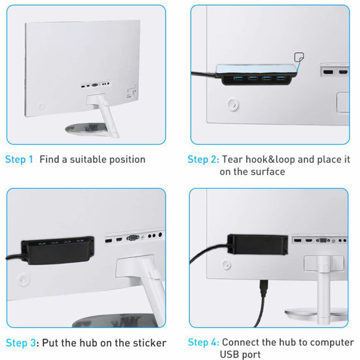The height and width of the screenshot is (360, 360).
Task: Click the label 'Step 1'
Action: coord(19,159)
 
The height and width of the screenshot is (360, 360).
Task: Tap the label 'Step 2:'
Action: coord(203,159)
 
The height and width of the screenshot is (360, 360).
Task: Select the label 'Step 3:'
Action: coord(22,343)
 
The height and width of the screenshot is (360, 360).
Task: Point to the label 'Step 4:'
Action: coord(203,342)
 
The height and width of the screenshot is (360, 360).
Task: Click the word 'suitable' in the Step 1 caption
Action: coord(82,159)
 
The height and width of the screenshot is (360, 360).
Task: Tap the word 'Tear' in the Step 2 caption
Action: coord(234,159)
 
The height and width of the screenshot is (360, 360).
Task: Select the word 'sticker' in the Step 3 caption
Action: coord(149,343)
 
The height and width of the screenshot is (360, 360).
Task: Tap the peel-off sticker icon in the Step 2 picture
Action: coord(299,58)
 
